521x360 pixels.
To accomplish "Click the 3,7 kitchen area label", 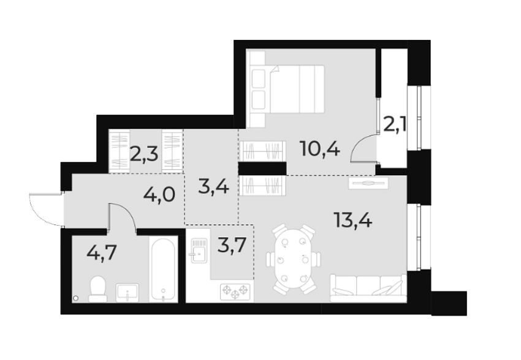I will coord(232,248).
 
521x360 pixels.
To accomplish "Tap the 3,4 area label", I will coord(214,185).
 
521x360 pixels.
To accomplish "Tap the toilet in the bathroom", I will coord(98,288).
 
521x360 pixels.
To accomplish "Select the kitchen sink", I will coord(199,251).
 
